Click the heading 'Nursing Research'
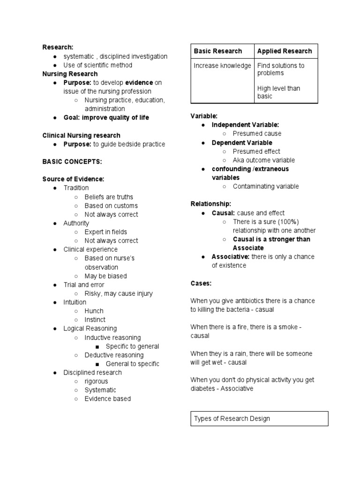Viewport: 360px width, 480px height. click(70, 74)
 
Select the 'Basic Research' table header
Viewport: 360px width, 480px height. click(218, 51)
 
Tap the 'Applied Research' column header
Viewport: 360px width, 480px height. click(284, 51)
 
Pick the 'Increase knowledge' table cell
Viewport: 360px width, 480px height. click(222, 66)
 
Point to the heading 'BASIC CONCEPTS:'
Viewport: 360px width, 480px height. click(72, 162)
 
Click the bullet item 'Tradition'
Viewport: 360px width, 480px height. click(76, 188)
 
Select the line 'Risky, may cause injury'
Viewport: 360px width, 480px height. click(119, 294)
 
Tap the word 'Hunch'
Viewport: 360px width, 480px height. click(94, 311)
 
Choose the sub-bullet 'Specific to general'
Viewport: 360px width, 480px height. click(132, 346)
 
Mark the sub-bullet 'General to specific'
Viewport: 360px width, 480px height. click(132, 364)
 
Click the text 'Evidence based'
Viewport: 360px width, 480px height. click(107, 399)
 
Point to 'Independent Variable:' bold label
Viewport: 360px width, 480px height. click(245, 125)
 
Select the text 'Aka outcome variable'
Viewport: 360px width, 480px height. click(263, 160)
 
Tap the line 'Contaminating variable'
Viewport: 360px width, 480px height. click(265, 187)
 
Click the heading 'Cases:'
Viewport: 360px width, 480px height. click(201, 283)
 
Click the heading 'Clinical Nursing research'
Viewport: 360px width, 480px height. click(81, 135)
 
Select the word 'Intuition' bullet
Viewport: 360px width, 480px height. click(75, 302)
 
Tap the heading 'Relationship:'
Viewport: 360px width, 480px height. click(210, 204)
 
